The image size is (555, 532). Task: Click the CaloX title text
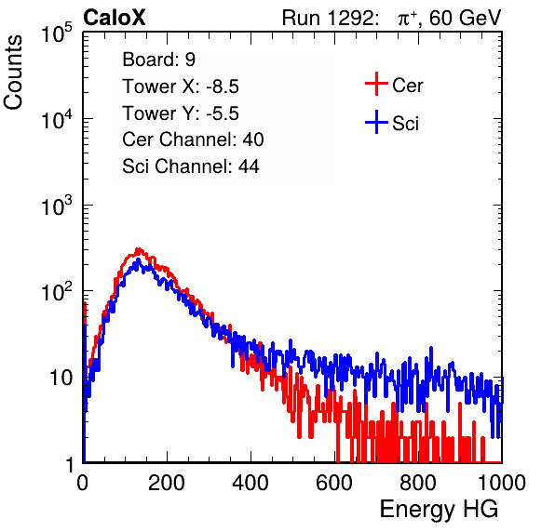pyautogui.click(x=115, y=18)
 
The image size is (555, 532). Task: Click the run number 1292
pyautogui.click(x=350, y=18)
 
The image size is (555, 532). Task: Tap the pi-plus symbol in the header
pyautogui.click(x=407, y=19)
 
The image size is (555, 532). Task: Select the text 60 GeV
pyautogui.click(x=466, y=18)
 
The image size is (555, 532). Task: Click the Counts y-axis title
pyautogui.click(x=13, y=73)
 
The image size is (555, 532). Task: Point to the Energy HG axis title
pyautogui.click(x=439, y=510)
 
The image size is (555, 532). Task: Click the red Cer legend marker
pyautogui.click(x=376, y=84)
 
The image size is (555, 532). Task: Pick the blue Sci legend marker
pyautogui.click(x=376, y=122)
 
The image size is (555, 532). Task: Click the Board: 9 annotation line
pyautogui.click(x=158, y=60)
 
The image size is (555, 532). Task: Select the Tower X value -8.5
pyautogui.click(x=223, y=86)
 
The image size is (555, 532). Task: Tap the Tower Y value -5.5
pyautogui.click(x=223, y=113)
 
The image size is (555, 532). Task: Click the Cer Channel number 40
pyautogui.click(x=253, y=140)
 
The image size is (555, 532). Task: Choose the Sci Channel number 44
pyautogui.click(x=249, y=166)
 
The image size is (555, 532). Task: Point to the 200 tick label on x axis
pyautogui.click(x=167, y=483)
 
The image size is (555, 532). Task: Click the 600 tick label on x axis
pyautogui.click(x=334, y=483)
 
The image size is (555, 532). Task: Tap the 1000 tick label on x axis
pyautogui.click(x=502, y=483)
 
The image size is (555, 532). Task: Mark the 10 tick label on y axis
pyautogui.click(x=61, y=378)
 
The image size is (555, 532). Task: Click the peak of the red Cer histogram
pyautogui.click(x=139, y=249)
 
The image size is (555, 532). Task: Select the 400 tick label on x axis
pyautogui.click(x=250, y=483)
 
